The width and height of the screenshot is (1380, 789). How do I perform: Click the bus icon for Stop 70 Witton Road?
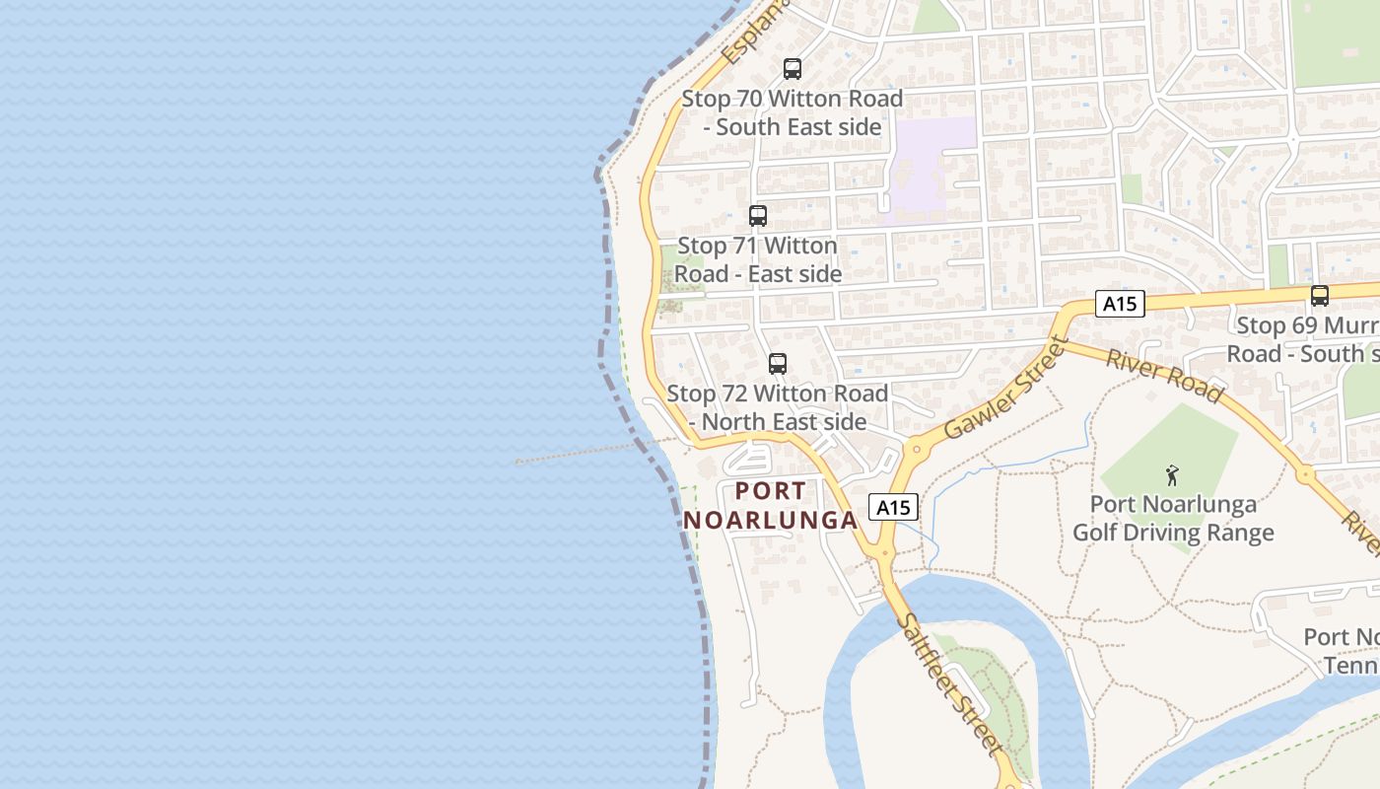point(792,69)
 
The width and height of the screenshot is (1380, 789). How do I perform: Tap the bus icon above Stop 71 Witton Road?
point(757,216)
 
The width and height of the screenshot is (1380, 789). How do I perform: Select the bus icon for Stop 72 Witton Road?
point(778,364)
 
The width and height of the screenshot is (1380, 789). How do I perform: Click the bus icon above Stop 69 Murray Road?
point(1319,295)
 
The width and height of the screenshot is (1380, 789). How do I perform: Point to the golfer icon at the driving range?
point(1171,475)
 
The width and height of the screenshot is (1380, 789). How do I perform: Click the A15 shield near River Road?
point(1120,304)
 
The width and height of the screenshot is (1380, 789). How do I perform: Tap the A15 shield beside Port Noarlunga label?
point(893,507)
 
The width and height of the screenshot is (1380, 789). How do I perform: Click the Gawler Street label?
point(1005,389)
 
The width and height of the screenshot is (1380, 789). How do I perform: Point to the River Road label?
point(1163,375)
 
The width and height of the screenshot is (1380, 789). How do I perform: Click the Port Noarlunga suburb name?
point(770,505)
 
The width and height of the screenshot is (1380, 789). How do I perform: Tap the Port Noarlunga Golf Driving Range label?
point(1173,519)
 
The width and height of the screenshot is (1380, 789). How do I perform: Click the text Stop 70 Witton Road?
point(793,112)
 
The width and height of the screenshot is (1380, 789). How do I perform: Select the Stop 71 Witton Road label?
point(757,259)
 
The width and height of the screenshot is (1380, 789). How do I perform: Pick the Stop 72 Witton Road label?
point(778,407)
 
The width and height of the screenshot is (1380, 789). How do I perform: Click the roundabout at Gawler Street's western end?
point(917,449)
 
